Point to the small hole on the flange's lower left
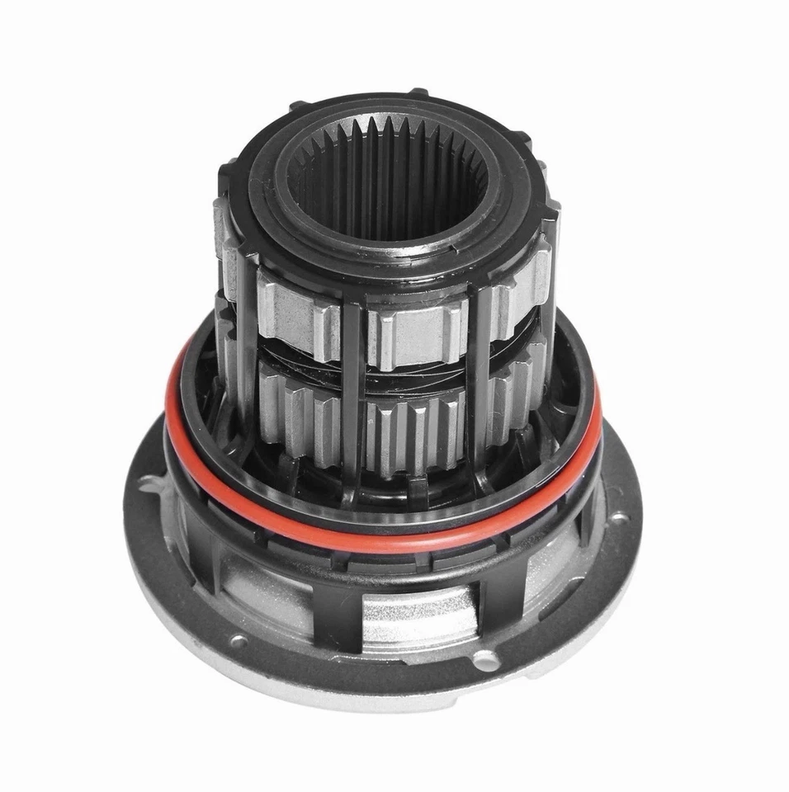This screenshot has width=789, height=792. [239, 639]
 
